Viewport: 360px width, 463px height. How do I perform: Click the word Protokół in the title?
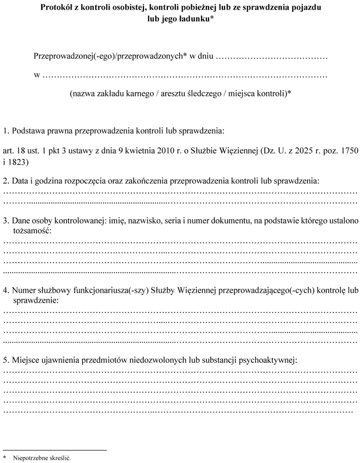coord(57,8)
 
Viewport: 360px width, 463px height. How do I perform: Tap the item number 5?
coord(5,360)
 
